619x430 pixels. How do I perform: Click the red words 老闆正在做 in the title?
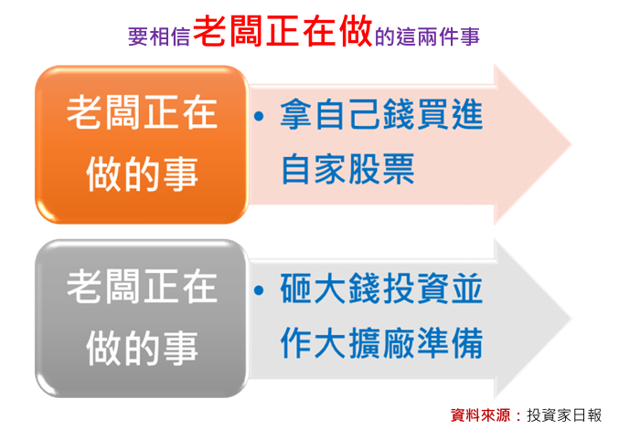[x=283, y=31]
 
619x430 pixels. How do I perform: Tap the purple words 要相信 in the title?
[x=159, y=37]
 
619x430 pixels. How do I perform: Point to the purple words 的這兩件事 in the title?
[x=427, y=37]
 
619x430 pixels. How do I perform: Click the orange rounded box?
[x=142, y=144]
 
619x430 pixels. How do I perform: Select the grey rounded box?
[x=142, y=318]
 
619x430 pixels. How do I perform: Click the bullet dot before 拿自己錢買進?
[x=259, y=116]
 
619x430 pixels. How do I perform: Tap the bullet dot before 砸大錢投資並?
[x=259, y=290]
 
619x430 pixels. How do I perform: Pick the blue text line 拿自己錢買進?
[x=381, y=114]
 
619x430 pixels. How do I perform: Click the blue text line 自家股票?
[x=347, y=170]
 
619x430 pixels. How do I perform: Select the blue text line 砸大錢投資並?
[x=381, y=288]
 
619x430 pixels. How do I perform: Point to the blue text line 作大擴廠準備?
[x=381, y=343]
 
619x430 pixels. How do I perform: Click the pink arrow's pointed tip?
[x=571, y=144]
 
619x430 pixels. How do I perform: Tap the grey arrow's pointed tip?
[x=571, y=319]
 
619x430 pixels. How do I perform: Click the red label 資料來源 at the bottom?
[x=480, y=415]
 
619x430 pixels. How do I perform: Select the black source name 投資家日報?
[x=564, y=415]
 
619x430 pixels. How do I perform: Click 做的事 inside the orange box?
[x=142, y=173]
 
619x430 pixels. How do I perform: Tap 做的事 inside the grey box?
[x=142, y=348]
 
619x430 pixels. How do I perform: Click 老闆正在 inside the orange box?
[x=142, y=112]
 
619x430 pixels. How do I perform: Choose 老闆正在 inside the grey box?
[x=142, y=287]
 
